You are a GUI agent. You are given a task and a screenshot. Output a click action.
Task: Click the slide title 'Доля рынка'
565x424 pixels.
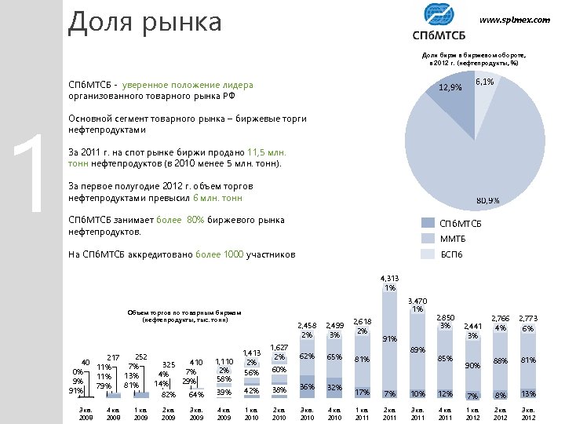145,22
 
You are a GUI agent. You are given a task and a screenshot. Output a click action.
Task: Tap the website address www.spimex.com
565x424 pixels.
514,20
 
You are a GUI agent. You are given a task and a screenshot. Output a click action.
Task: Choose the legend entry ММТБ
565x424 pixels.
453,239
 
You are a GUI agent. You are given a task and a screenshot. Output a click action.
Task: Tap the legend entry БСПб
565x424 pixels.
452,254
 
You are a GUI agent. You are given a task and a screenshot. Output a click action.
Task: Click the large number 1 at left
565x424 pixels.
30,173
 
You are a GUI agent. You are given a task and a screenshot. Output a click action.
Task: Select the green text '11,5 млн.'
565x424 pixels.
267,152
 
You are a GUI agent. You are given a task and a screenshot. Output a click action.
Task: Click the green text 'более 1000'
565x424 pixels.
219,254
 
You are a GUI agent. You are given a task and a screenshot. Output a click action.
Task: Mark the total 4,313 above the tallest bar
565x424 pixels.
389,279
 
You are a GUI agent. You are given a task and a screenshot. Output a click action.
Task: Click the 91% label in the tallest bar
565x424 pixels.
388,339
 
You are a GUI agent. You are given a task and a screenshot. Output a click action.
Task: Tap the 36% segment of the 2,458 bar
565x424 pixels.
307,387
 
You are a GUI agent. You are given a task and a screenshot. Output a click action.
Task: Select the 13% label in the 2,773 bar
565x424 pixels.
528,393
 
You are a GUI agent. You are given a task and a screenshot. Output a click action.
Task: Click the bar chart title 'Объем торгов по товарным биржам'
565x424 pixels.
184,312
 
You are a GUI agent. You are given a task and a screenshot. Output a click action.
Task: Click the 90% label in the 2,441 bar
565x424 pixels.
472,365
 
